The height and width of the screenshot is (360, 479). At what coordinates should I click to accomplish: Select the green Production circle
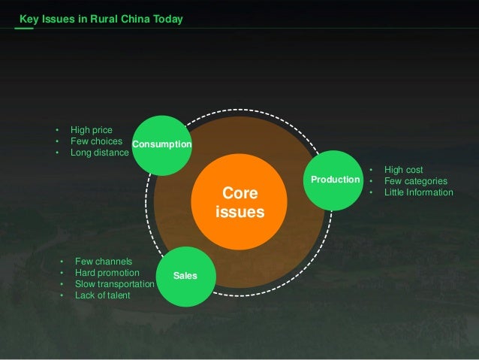tap(335, 180)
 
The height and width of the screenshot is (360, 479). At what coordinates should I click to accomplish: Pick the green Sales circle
tap(185, 276)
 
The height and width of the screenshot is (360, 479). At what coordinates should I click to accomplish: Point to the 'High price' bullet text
tap(91, 130)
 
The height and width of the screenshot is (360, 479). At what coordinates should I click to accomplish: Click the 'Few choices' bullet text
tap(96, 141)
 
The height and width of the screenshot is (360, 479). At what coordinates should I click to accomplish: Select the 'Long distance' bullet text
tap(99, 152)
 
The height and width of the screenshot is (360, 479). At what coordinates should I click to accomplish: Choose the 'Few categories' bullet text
tap(415, 181)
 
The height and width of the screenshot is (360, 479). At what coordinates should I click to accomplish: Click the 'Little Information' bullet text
tap(418, 192)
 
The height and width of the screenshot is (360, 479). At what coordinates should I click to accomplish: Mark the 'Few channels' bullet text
tap(103, 262)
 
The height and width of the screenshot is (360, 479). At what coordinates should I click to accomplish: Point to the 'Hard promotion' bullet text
tap(107, 273)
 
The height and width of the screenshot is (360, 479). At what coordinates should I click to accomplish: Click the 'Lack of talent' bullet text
tap(102, 295)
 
